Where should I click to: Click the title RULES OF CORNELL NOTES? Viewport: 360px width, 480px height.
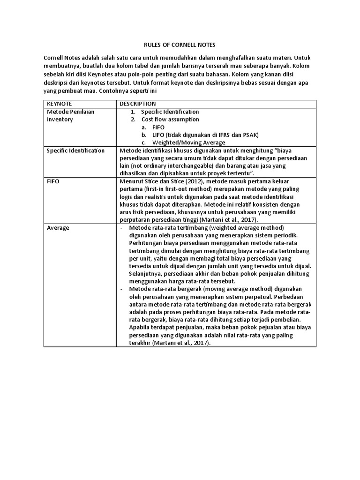point(179,45)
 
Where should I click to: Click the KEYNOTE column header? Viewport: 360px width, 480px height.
point(58,104)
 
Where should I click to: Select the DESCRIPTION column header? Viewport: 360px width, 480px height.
point(138,104)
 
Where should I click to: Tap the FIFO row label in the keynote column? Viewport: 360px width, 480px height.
point(53,181)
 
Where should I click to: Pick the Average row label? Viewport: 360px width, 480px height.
point(58,228)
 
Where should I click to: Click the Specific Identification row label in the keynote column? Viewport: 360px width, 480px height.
point(75,150)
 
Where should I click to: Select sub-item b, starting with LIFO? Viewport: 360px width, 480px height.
point(205,135)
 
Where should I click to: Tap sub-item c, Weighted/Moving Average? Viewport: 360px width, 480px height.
point(188,142)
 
